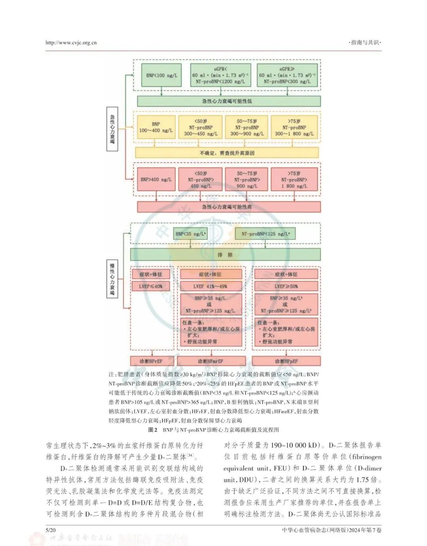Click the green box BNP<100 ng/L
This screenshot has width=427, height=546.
click(161, 75)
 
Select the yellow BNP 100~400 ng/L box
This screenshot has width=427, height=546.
click(156, 127)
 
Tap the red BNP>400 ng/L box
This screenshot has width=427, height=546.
click(156, 180)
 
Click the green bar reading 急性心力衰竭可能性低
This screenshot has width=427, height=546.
click(229, 101)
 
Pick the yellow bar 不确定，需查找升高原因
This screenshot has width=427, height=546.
click(227, 153)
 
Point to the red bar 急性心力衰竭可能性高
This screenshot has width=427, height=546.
click(229, 207)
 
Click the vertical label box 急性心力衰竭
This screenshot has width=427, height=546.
click(112, 129)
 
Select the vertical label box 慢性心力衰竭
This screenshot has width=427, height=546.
click(112, 279)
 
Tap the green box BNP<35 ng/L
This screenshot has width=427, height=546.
click(190, 234)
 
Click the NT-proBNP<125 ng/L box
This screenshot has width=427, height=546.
click(265, 234)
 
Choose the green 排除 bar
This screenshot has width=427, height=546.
click(225, 254)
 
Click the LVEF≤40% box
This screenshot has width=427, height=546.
click(151, 286)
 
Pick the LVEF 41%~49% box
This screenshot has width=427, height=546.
click(210, 286)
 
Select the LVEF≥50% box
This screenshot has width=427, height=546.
click(286, 286)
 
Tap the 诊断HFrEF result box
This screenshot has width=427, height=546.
click(151, 361)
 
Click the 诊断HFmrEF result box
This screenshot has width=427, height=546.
click(210, 361)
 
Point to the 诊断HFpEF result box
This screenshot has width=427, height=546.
click(286, 361)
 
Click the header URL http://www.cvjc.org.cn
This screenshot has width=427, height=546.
click(71, 43)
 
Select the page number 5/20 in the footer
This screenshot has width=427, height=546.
click(51, 530)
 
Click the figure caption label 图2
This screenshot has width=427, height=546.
click(153, 430)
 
